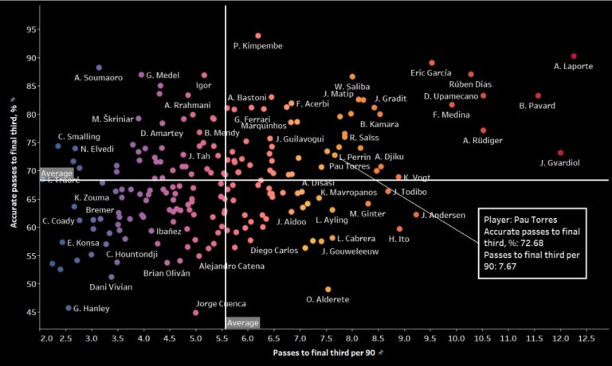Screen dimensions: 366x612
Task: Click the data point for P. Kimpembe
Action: [258, 36]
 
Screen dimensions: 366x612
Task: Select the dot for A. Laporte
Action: [574, 56]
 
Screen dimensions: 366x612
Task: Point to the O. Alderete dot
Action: [328, 290]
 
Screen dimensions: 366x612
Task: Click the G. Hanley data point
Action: [69, 308]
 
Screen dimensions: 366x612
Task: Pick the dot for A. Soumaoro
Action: [99, 68]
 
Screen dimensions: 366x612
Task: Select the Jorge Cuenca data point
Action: [196, 313]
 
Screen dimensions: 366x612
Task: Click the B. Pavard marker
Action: [538, 95]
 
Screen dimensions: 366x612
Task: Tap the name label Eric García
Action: [431, 73]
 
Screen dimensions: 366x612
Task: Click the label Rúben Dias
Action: [471, 84]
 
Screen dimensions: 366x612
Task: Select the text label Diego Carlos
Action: [274, 250]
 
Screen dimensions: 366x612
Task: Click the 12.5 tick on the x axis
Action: [586, 337]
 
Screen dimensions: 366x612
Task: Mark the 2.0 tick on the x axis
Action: [46, 337]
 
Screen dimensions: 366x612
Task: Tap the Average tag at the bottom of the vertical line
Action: [242, 323]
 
